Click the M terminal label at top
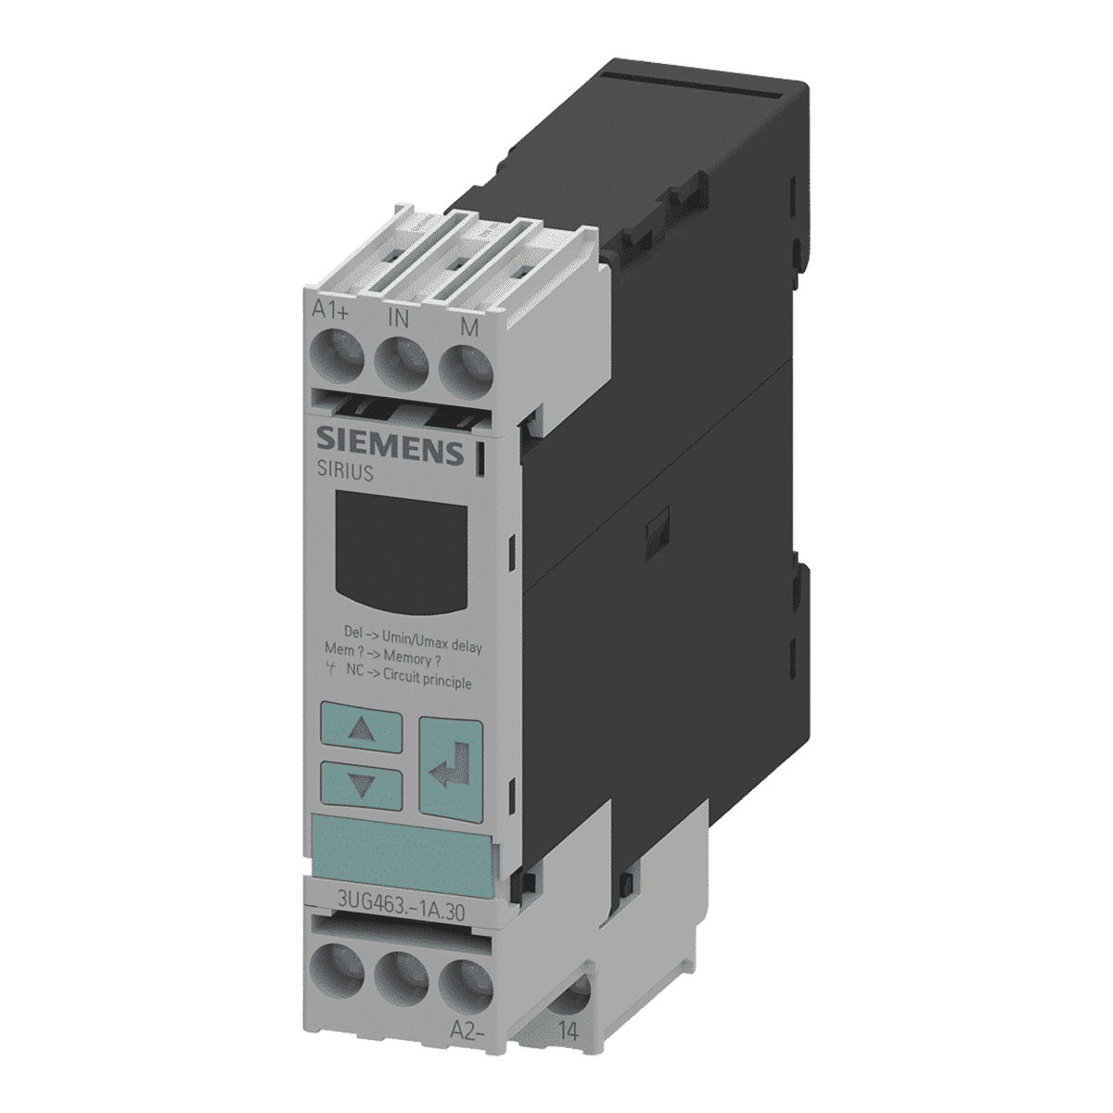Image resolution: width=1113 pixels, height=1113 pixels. point(469,328)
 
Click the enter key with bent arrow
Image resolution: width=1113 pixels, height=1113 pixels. point(451,767)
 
